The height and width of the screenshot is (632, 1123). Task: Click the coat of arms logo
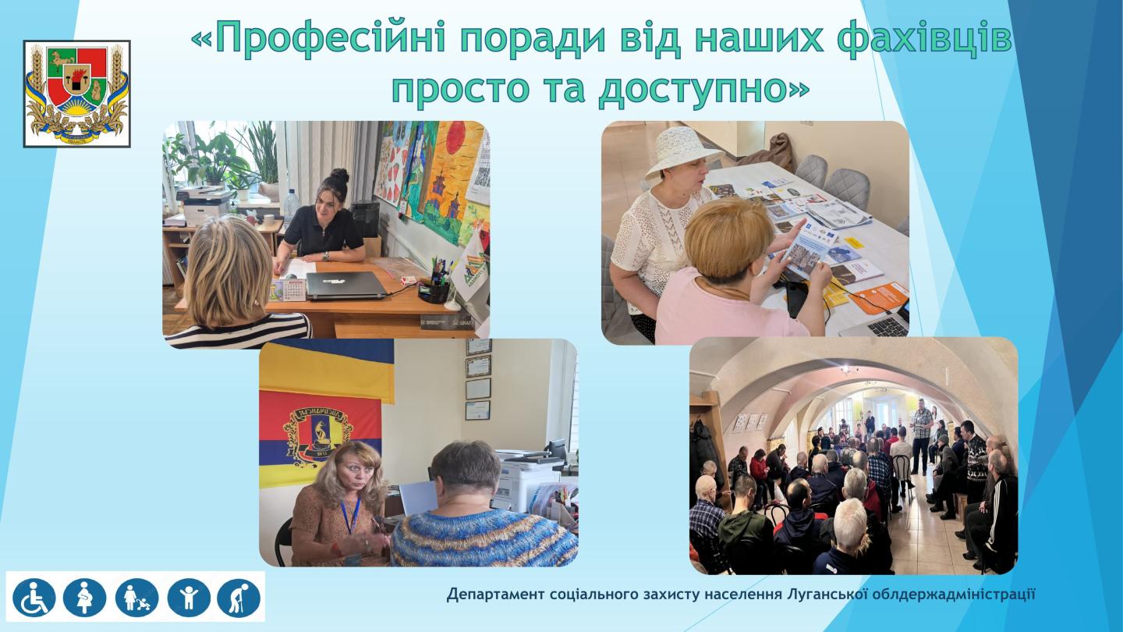click(x=76, y=94)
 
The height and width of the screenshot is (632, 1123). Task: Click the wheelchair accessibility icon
click(x=34, y=597)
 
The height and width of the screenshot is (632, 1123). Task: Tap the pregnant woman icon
click(x=84, y=597)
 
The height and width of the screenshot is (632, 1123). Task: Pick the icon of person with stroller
click(x=136, y=597)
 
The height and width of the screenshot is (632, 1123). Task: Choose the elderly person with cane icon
click(x=239, y=597)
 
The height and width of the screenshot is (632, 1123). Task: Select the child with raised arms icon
click(x=188, y=597)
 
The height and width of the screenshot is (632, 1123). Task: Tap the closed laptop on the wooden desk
click(x=345, y=285)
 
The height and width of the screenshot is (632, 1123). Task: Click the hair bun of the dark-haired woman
click(x=338, y=176)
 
